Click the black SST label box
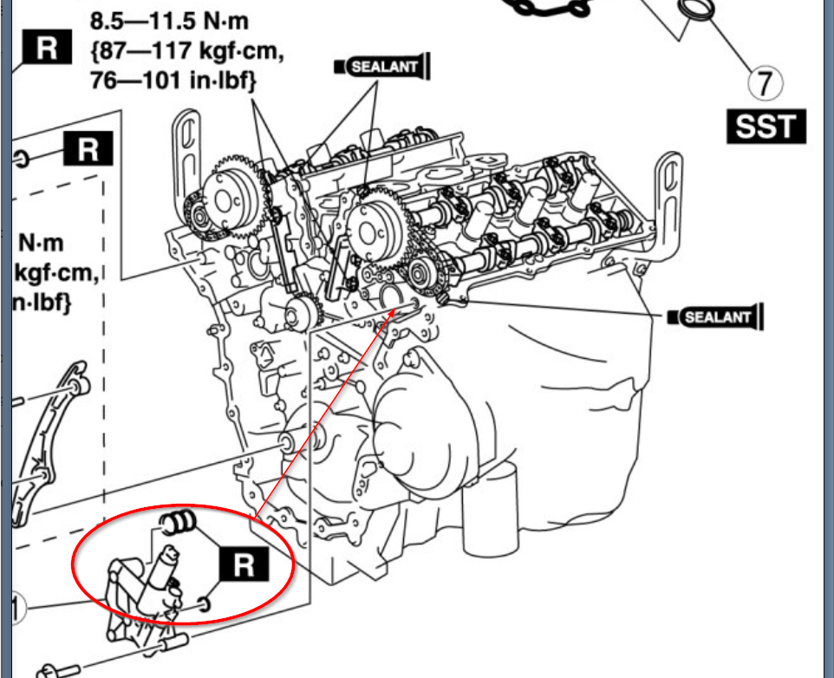coord(766,127)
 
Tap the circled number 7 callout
coord(764,85)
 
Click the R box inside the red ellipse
coord(244,566)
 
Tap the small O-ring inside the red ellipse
coord(205,602)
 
